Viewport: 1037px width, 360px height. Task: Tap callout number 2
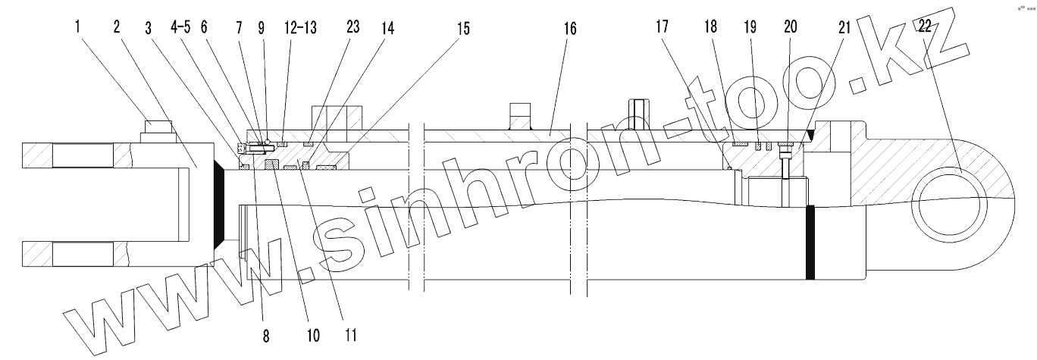(x=117, y=27)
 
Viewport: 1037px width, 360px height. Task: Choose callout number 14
(x=387, y=27)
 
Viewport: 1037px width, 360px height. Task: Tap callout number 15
(x=461, y=29)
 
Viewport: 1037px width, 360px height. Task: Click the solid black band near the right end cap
(x=810, y=242)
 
